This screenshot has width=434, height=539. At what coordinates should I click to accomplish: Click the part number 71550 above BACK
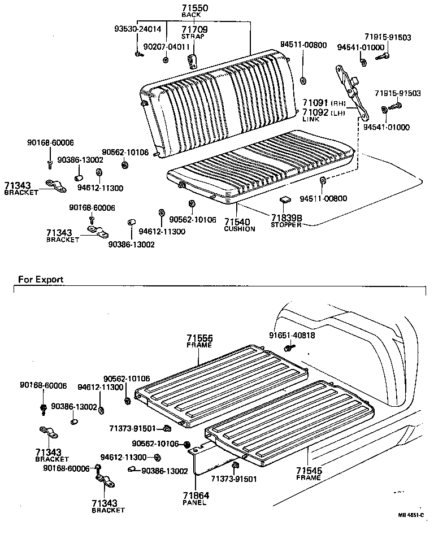pos(194,7)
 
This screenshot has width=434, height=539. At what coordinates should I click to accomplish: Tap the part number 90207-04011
pos(166,47)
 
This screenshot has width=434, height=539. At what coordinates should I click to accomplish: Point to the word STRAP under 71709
pos(193,36)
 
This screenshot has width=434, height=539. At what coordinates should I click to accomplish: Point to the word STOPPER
pos(286,225)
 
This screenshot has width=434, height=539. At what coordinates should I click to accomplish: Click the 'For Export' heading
pos(41,279)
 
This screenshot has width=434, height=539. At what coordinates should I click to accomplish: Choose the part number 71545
pos(309,470)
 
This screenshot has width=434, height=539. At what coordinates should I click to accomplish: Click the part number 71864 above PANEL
pos(195,495)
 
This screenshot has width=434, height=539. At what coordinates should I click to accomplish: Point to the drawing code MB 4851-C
pos(411,515)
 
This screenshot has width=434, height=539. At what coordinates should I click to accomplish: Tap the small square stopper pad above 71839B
pos(284,200)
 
